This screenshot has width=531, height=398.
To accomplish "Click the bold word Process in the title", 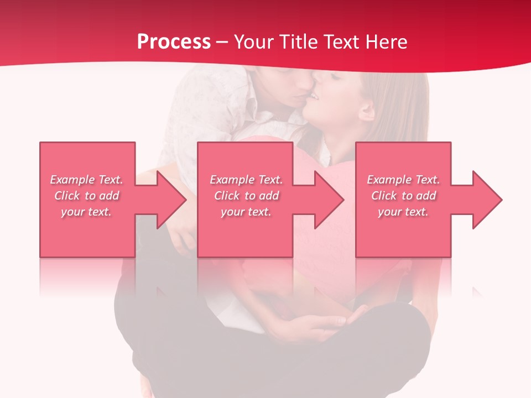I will [174, 42].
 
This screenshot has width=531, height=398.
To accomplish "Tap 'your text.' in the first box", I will [86, 212].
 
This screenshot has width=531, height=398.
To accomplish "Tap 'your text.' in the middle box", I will [246, 212].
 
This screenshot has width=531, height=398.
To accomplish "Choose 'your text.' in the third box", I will [403, 212].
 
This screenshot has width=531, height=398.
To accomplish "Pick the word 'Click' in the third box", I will [384, 196].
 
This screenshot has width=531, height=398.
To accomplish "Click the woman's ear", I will [366, 112].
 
